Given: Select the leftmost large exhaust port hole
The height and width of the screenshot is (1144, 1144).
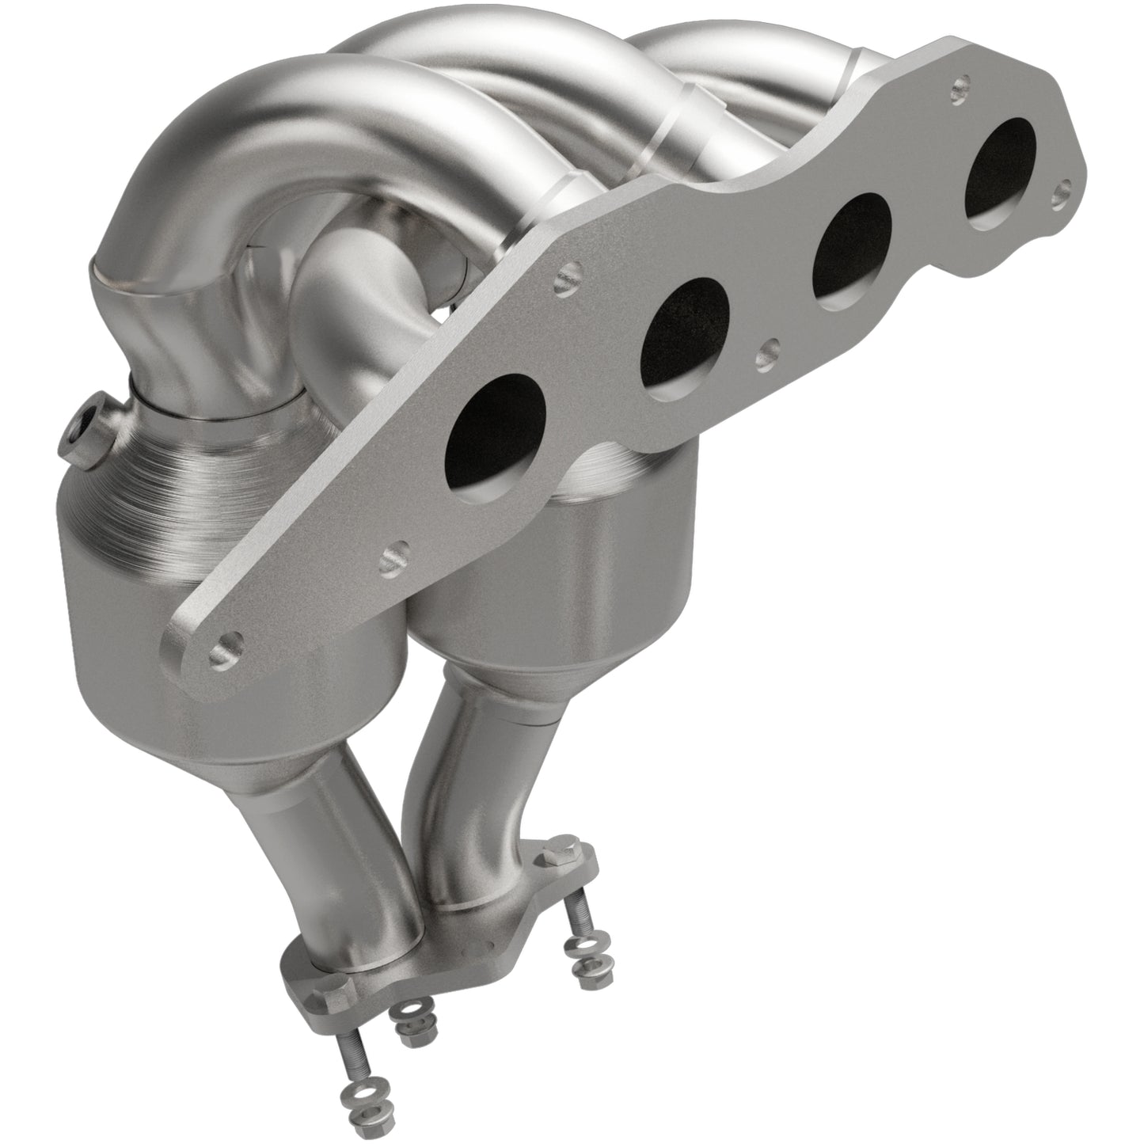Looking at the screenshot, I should tap(497, 419).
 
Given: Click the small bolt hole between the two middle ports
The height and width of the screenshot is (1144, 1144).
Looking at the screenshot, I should tap(766, 347).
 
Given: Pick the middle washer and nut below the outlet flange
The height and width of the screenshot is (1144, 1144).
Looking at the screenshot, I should tap(407, 1015).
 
